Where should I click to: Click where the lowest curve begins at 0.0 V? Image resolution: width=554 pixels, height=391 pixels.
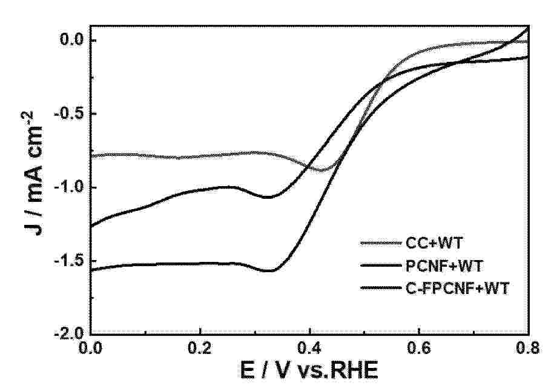tap(91, 270)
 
